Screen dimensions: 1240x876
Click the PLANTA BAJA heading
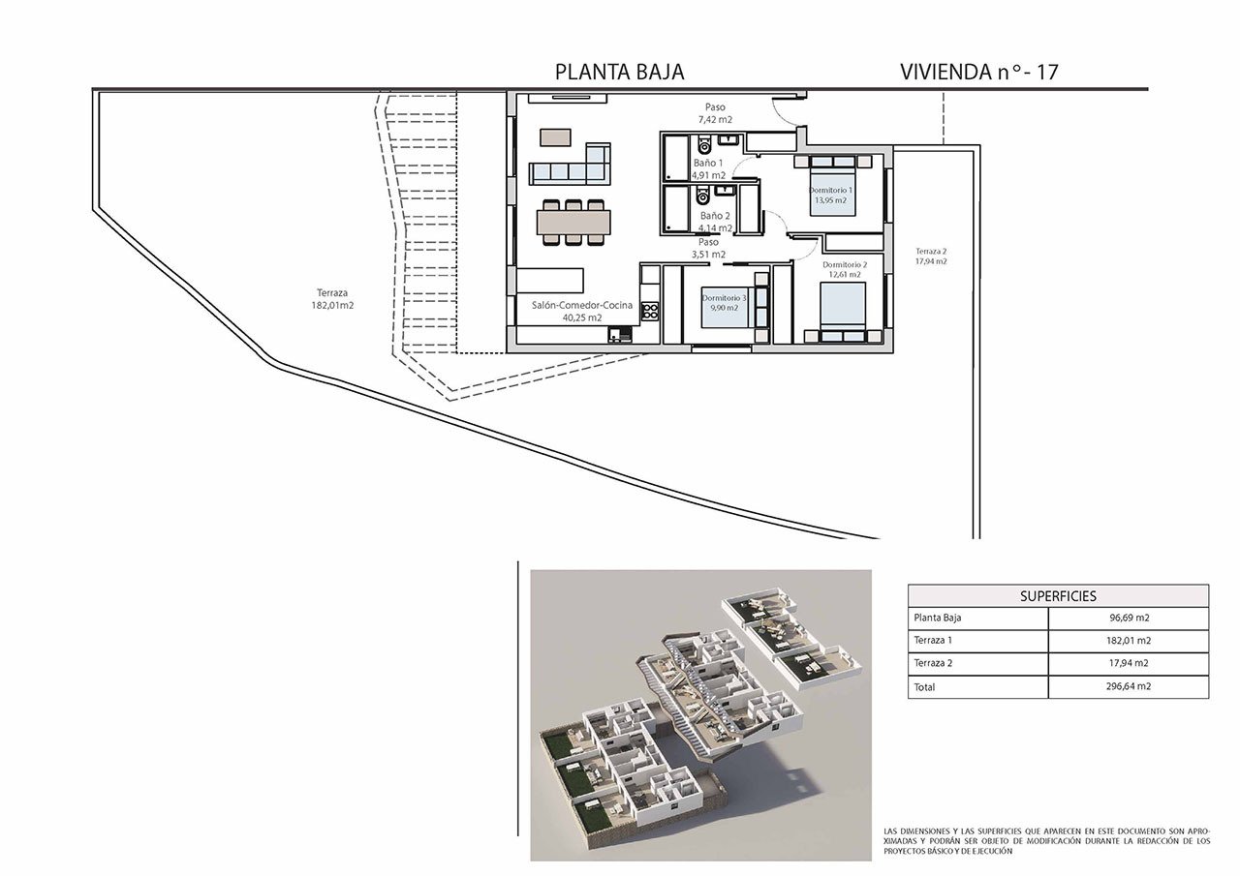(619, 72)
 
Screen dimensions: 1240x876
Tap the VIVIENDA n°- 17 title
(978, 72)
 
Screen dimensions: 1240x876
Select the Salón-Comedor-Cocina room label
(582, 305)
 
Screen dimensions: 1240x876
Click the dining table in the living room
(573, 223)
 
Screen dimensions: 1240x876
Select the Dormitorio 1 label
(831, 191)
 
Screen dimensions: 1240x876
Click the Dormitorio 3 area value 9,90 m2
(724, 308)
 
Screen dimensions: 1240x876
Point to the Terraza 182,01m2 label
(332, 299)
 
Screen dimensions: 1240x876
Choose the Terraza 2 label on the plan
(931, 251)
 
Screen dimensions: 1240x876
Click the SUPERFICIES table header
(1058, 596)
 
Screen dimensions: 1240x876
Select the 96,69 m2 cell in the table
(1130, 618)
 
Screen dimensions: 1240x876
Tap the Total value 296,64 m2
(1128, 686)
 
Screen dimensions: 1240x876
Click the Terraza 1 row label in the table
(933, 641)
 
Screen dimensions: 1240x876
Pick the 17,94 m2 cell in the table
(1129, 663)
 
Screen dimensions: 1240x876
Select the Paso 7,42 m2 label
(715, 113)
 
